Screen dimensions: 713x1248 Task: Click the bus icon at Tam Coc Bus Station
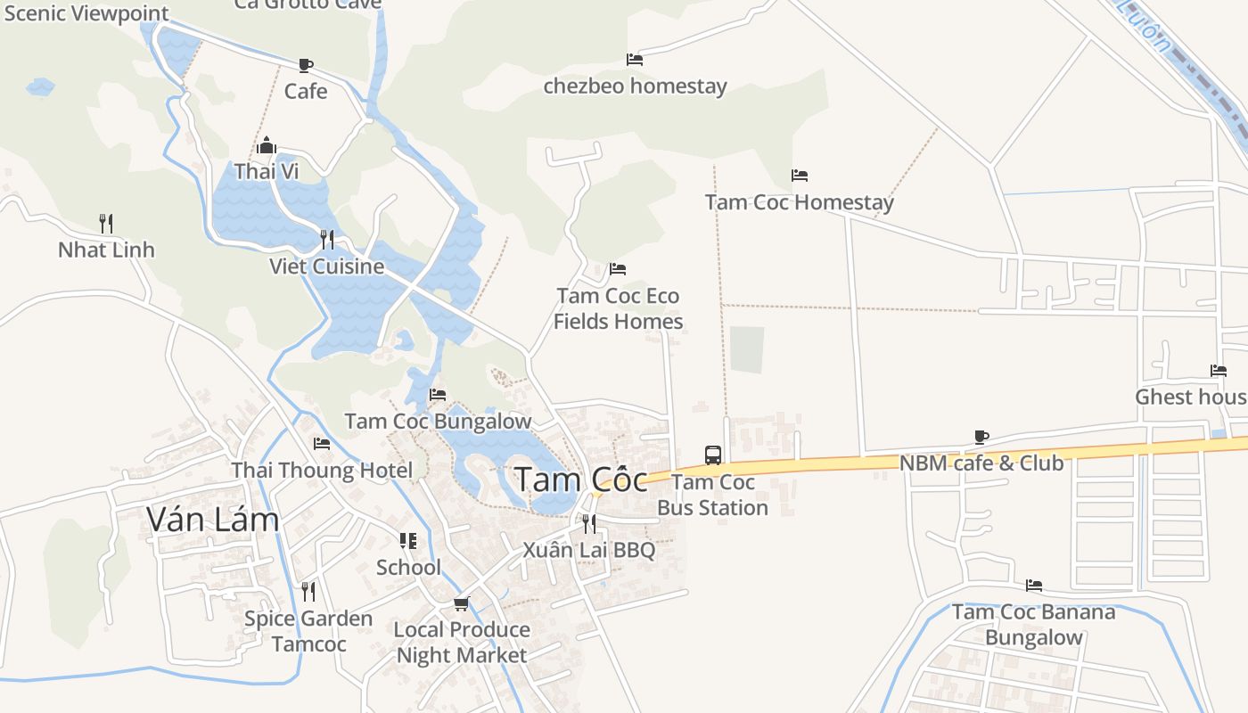[x=713, y=455]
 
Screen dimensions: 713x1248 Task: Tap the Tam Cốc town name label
[x=581, y=480]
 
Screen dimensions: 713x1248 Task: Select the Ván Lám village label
[x=213, y=519]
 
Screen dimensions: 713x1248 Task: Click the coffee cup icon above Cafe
[x=306, y=65]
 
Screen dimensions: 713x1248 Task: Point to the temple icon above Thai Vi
[x=266, y=145]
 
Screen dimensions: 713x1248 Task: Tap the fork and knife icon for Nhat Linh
[x=106, y=223]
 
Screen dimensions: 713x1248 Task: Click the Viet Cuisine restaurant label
[x=327, y=266]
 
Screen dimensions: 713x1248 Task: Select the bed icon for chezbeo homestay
[x=635, y=60]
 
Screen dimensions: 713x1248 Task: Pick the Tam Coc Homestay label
[x=799, y=202]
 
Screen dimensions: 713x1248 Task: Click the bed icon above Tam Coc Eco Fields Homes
[x=618, y=268]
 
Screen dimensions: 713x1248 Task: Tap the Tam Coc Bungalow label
[x=438, y=421]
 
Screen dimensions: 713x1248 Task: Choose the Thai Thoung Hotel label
[x=322, y=470]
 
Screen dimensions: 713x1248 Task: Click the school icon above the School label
[x=408, y=541]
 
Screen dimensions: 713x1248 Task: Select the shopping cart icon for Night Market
[x=462, y=603]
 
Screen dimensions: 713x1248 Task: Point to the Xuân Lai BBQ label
[x=589, y=549]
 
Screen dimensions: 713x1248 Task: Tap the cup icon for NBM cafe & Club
[x=981, y=437]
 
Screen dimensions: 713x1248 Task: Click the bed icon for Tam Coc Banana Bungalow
[x=1034, y=586]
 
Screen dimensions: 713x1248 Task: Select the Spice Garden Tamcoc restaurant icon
[x=308, y=591]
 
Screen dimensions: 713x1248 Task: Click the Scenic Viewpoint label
[x=86, y=13]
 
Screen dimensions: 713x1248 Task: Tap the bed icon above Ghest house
[x=1219, y=371]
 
